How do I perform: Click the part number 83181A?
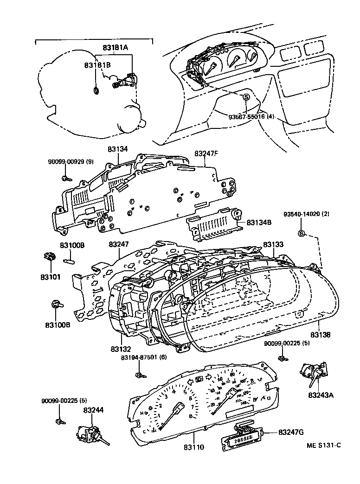tap(115, 47)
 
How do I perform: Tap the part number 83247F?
tap(206, 153)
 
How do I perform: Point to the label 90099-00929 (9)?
tap(71, 161)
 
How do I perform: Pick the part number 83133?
tap(274, 244)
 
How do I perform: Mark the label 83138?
tap(321, 334)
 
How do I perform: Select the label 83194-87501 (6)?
tap(144, 358)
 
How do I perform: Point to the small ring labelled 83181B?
tap(96, 90)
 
